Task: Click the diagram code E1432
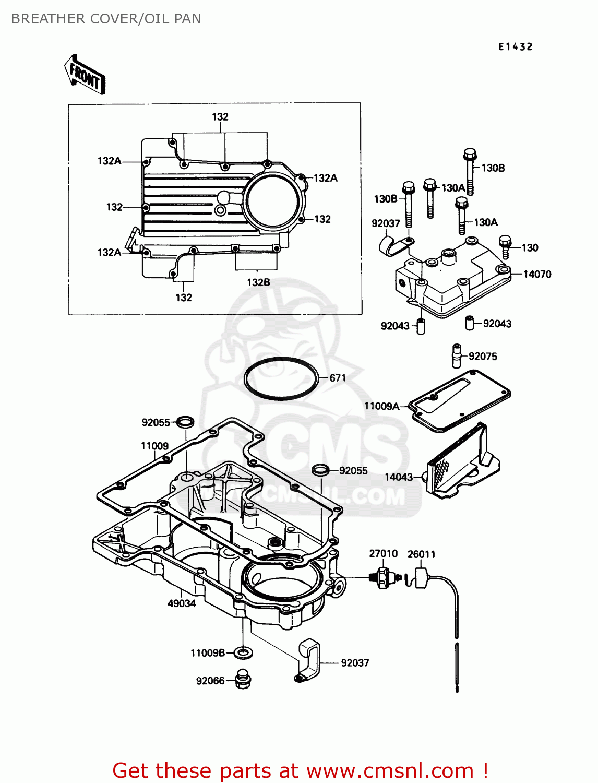click(515, 47)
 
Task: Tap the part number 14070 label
click(537, 274)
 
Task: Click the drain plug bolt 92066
click(243, 679)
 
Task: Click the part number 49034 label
click(182, 603)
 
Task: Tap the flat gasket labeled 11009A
click(459, 399)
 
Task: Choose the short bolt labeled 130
click(505, 246)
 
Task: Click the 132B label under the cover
click(258, 282)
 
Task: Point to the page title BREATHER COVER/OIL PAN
click(106, 19)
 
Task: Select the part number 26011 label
click(421, 554)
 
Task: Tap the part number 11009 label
click(154, 446)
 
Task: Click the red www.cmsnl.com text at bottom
click(390, 771)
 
